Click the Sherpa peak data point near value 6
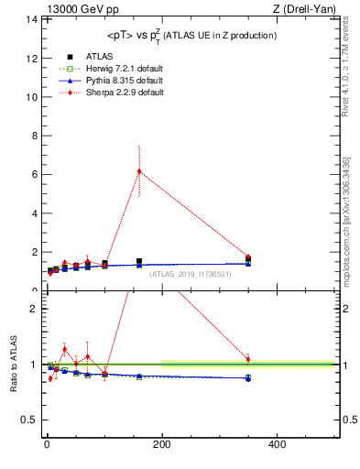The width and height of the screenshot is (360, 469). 139,171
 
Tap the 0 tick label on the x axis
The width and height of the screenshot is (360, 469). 46,444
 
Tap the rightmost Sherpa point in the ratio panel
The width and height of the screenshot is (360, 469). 248,359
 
